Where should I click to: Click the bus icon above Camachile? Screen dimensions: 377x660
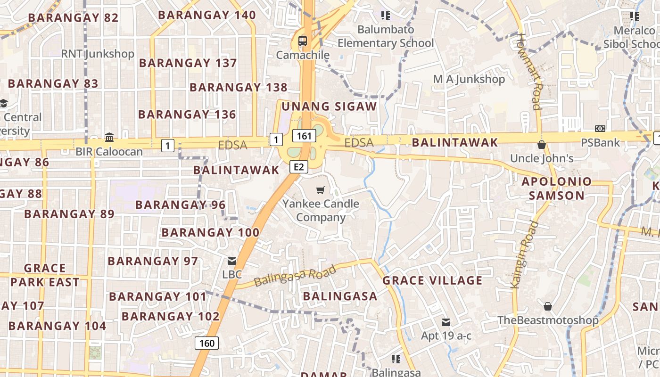point(302,41)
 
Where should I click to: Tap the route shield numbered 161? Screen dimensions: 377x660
point(304,136)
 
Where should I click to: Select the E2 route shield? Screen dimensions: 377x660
point(299,166)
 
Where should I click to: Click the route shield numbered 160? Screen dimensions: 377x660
point(207,343)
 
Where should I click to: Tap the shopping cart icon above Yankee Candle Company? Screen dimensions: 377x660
point(321,190)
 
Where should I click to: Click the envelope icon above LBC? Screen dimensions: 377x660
point(232,261)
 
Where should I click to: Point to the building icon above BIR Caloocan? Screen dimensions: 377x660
point(109,137)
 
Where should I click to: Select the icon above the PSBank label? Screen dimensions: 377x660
point(600,129)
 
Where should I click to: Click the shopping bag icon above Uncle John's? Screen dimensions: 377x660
point(542,145)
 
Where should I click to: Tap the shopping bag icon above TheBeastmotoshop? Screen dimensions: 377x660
point(548,306)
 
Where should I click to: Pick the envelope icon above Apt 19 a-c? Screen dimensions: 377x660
point(446,322)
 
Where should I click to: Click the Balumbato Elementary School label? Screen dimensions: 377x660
point(386,36)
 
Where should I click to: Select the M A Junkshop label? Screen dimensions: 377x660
point(469,79)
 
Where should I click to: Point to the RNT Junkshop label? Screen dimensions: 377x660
point(98,54)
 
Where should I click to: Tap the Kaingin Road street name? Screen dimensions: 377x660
point(524,254)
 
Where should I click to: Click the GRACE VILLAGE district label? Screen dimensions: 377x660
point(432,281)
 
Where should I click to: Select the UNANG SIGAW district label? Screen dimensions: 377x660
point(329,107)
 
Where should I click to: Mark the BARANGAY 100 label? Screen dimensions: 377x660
point(210,232)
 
